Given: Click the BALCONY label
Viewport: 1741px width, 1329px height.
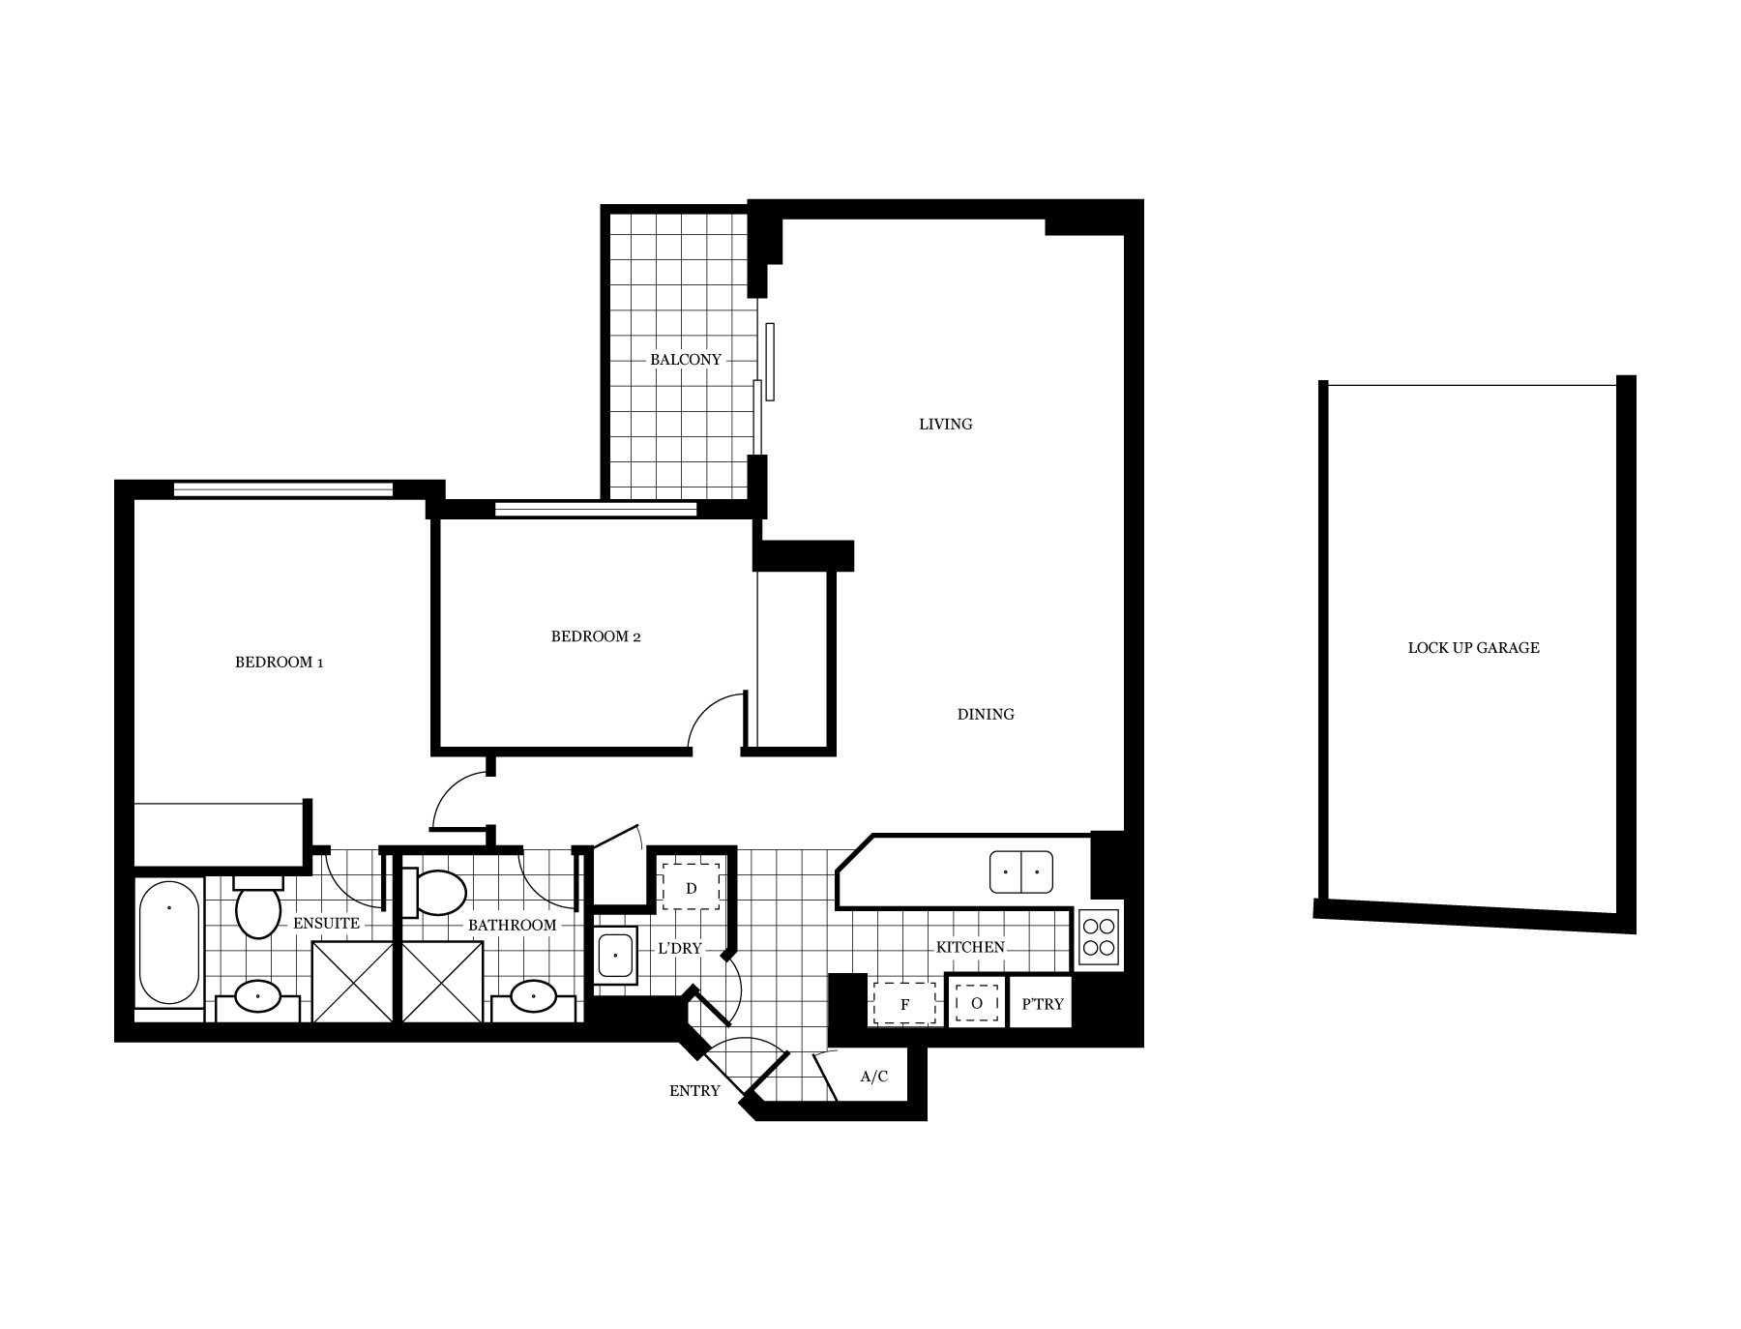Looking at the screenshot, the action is [686, 360].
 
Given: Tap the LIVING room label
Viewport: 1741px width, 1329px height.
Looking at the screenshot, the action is [946, 424].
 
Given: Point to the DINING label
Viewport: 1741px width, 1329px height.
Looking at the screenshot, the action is [986, 714].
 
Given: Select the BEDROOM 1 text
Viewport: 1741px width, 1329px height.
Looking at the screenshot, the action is [280, 663].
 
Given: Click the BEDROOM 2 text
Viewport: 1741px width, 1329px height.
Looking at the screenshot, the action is [596, 636].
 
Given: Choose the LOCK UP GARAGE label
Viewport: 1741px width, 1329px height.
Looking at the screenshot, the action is [1474, 648].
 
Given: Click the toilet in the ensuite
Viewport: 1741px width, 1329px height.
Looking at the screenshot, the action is [258, 906].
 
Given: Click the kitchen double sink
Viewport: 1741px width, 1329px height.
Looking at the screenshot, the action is [1021, 871].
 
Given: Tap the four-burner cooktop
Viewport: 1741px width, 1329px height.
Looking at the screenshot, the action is [1099, 937].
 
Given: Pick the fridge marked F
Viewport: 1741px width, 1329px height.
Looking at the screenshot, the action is [904, 1003].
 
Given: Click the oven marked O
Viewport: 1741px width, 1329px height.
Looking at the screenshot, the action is [976, 1003].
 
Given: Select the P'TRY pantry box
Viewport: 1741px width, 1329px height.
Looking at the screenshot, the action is [1042, 1003].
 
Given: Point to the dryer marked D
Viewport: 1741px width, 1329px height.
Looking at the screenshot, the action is [692, 887].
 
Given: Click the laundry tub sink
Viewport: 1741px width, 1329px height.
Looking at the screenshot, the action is [616, 956].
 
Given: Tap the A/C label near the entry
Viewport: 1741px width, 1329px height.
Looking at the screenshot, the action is [874, 1077].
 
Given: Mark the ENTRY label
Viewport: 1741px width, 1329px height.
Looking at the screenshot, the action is [694, 1091].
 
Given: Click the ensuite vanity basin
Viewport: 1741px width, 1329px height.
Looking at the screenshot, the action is [258, 995].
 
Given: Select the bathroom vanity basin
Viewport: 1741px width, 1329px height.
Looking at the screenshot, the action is [533, 995].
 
